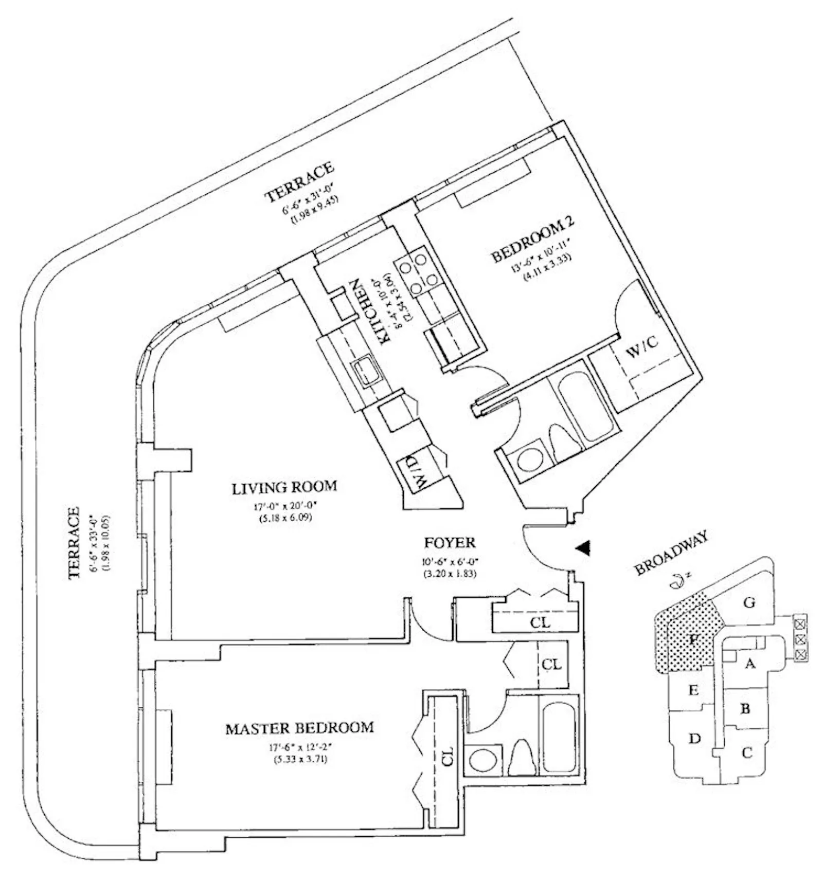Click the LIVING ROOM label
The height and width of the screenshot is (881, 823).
click(x=284, y=487)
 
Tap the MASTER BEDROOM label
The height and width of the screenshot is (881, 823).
click(x=299, y=728)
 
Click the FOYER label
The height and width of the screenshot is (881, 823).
click(x=449, y=542)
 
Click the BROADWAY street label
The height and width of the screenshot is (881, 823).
click(x=671, y=553)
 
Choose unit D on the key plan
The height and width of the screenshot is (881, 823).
click(x=694, y=739)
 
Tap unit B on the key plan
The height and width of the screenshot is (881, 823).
click(x=745, y=709)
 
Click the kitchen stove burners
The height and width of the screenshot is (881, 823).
click(x=418, y=271)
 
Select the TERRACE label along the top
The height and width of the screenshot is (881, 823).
click(x=299, y=182)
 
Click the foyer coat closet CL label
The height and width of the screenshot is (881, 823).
click(x=540, y=622)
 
